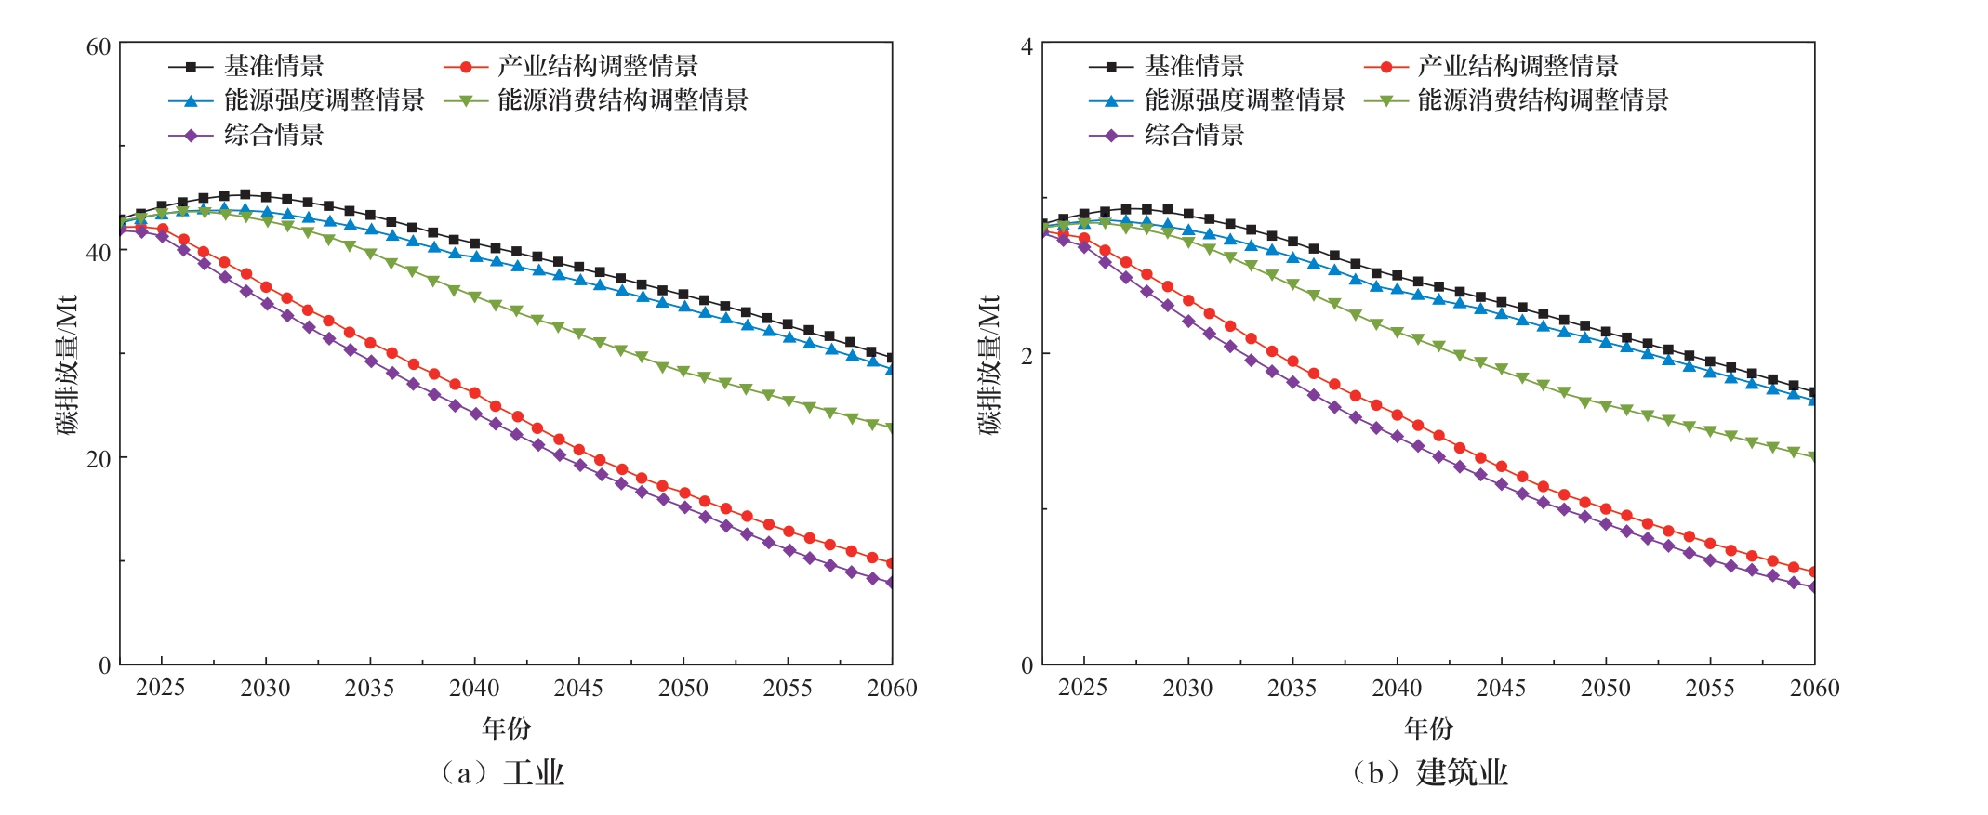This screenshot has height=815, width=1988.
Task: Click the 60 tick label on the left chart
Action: [98, 46]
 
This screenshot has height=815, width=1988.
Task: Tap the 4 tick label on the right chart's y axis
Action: [1027, 46]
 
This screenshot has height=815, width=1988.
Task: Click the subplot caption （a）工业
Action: [503, 772]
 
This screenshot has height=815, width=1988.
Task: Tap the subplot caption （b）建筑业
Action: [1429, 772]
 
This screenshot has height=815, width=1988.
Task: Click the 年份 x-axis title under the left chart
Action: [506, 728]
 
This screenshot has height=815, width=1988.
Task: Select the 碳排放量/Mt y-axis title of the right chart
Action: [989, 364]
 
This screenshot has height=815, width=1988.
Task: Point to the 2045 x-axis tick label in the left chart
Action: [578, 689]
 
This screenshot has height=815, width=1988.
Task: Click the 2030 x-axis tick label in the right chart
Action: [1187, 689]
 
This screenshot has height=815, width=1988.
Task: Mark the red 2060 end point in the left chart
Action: [892, 563]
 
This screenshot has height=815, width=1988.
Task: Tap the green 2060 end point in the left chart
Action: [892, 428]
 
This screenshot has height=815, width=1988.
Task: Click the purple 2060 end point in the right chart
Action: [1813, 587]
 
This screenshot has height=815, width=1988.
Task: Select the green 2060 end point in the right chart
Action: [1813, 457]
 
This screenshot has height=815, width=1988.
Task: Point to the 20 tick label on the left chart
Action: [98, 459]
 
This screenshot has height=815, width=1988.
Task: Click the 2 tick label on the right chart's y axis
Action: [1027, 356]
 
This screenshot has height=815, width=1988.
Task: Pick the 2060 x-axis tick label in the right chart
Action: [1814, 689]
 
